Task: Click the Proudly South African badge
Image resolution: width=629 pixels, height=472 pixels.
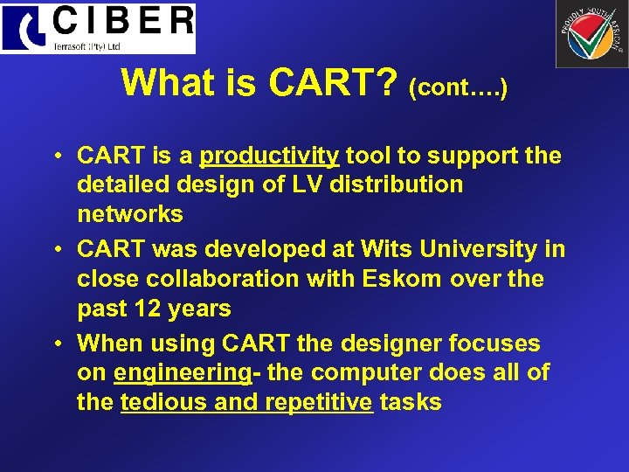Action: pos(591,34)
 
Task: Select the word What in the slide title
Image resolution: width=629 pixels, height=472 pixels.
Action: pos(162,82)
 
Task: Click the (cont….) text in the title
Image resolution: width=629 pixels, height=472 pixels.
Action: pos(459,87)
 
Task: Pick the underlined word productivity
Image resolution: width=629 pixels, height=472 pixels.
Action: pos(269,156)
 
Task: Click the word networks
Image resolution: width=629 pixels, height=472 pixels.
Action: pos(130,214)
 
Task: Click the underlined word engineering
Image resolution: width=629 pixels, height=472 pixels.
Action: pos(183,373)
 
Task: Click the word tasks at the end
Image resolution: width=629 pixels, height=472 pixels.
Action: pos(411,403)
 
